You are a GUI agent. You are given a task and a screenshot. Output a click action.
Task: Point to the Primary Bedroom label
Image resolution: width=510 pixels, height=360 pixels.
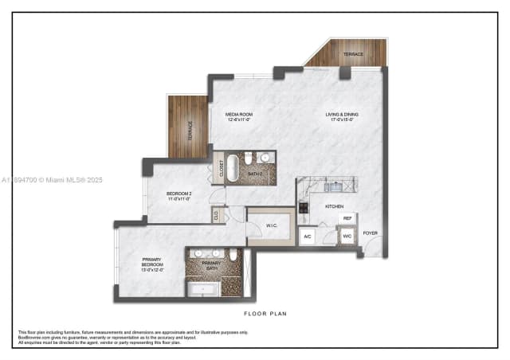152,261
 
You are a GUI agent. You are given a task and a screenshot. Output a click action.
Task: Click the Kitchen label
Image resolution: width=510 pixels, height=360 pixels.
333,205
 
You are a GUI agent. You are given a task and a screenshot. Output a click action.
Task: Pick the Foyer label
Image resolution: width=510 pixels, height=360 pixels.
371,233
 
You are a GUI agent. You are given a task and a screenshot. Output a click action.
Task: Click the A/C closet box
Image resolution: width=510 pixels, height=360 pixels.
308,237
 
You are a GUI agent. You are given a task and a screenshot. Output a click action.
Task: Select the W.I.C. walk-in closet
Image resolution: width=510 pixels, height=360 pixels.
271,225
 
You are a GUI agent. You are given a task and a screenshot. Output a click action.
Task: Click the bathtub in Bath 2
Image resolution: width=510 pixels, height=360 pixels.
233,168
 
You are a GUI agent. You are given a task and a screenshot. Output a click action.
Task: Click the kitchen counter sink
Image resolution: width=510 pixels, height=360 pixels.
333,187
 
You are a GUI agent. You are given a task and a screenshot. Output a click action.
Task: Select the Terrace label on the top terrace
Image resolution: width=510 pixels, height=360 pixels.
353,54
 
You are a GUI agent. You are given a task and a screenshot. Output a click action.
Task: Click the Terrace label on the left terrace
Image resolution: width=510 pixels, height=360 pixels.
190,129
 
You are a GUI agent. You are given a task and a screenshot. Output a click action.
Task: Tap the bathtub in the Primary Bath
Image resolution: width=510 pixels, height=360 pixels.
204,288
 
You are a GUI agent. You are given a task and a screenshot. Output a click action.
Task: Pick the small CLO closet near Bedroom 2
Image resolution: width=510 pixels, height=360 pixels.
216,214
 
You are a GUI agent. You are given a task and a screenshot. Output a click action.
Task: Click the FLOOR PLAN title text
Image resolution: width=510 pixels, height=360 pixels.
266,314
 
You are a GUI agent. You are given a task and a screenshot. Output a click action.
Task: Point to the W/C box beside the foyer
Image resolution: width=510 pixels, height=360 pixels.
347,237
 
